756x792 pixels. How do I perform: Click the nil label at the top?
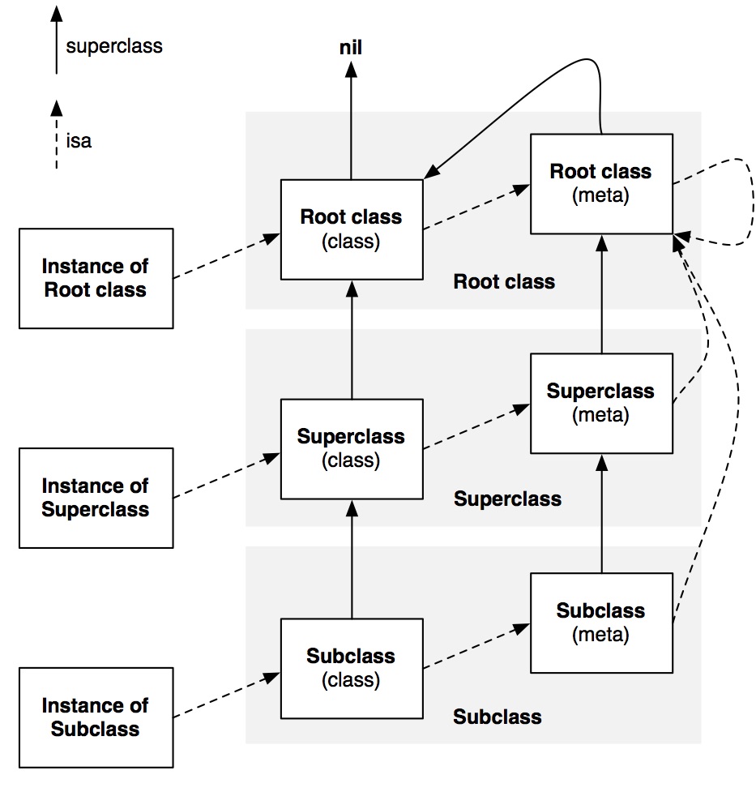coord(350,48)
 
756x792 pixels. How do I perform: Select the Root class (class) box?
coord(351,229)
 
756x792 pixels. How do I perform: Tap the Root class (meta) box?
coord(600,183)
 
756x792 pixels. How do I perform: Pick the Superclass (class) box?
coord(351,448)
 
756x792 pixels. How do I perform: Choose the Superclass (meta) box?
coord(600,403)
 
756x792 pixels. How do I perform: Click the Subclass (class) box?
coord(351,668)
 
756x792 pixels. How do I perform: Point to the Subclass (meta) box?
coord(600,623)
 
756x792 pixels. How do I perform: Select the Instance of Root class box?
coord(96,278)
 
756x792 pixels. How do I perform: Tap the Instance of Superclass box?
coord(96,498)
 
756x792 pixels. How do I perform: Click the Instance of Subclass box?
coord(96,717)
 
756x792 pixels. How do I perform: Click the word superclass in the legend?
coord(114,46)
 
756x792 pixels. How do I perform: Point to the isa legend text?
coord(79,142)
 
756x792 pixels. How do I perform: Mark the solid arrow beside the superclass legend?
coord(56,41)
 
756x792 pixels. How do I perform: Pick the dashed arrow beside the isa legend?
coord(56,134)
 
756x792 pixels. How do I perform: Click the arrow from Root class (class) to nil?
coord(350,122)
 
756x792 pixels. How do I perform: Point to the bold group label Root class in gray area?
coord(504,282)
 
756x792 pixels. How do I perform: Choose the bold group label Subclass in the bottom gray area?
coord(497,717)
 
